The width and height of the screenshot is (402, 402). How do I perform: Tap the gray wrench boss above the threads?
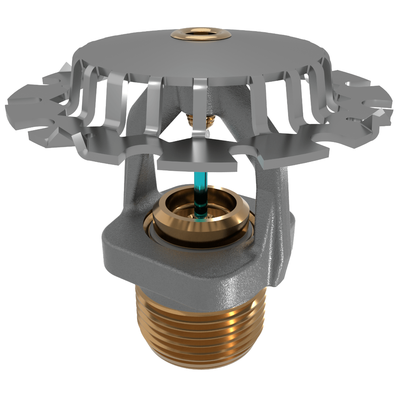coord(134,255)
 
